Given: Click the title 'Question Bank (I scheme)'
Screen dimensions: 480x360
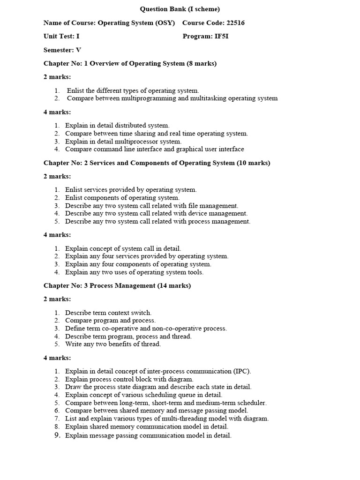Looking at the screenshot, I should point(180,9).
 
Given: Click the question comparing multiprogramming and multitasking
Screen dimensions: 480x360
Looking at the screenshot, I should point(172,98).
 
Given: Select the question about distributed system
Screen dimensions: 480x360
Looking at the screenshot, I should point(117,126).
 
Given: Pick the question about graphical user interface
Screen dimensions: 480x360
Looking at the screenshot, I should point(155,149).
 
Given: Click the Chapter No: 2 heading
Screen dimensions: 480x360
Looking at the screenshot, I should point(157,163).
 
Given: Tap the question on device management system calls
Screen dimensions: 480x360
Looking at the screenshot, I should point(156,213).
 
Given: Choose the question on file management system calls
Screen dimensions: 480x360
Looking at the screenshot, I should point(151,205).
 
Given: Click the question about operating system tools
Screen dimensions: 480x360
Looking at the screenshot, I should point(135,272).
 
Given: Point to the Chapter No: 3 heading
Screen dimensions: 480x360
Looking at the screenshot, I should point(117,285).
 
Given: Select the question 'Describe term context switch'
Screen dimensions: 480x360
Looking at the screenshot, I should point(108,313).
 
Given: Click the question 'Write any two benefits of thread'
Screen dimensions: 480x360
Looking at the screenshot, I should point(112,344).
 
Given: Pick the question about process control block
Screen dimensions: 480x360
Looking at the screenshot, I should point(129,379).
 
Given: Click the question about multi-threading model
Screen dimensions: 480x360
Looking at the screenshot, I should point(167,419).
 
